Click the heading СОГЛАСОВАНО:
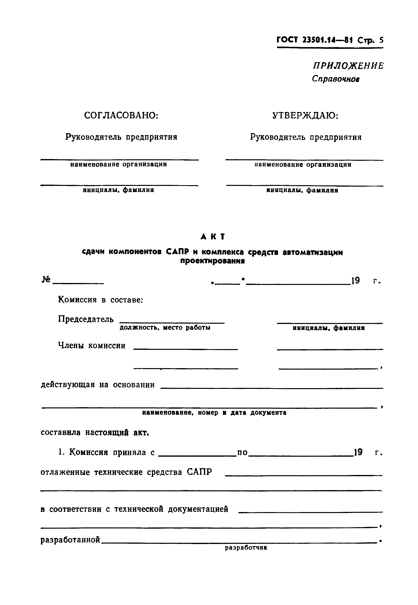pyautogui.click(x=121, y=115)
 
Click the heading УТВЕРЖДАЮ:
pyautogui.click(x=305, y=115)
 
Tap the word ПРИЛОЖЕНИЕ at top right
pyautogui.click(x=348, y=66)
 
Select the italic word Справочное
pyautogui.click(x=336, y=79)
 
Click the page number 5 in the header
pyautogui.click(x=381, y=40)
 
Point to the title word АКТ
pyautogui.click(x=213, y=237)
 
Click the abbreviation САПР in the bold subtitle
pyautogui.click(x=177, y=252)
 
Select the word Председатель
pyautogui.click(x=86, y=319)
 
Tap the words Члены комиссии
pyautogui.click(x=92, y=346)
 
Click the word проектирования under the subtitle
pyautogui.click(x=212, y=261)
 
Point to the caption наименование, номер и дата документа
pyautogui.click(x=214, y=413)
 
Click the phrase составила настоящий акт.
pyautogui.click(x=95, y=433)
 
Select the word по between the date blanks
pyautogui.click(x=242, y=452)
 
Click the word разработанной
pyautogui.click(x=70, y=540)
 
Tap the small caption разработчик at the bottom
pyautogui.click(x=246, y=548)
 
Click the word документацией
pyautogui.click(x=198, y=509)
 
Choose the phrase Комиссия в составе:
pyautogui.click(x=101, y=300)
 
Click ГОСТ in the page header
pyautogui.click(x=287, y=40)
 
